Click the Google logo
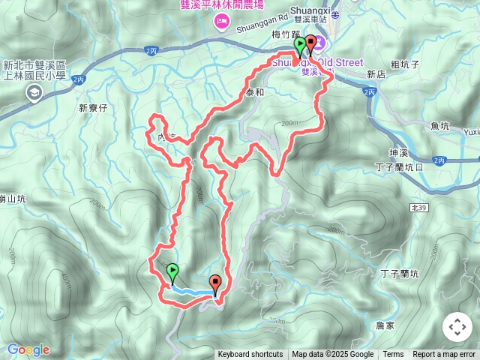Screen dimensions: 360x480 (x=28, y=349)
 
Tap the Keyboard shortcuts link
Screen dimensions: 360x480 (x=250, y=355)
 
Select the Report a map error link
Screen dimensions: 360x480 (x=444, y=355)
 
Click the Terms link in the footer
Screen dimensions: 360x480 (x=393, y=355)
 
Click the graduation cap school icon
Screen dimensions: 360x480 (x=34, y=92)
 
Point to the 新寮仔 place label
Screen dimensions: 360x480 (x=94, y=108)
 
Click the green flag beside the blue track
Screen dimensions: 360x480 (x=173, y=271)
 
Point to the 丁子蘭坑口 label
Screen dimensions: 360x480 (x=399, y=166)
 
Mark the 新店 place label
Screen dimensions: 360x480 (x=376, y=75)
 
